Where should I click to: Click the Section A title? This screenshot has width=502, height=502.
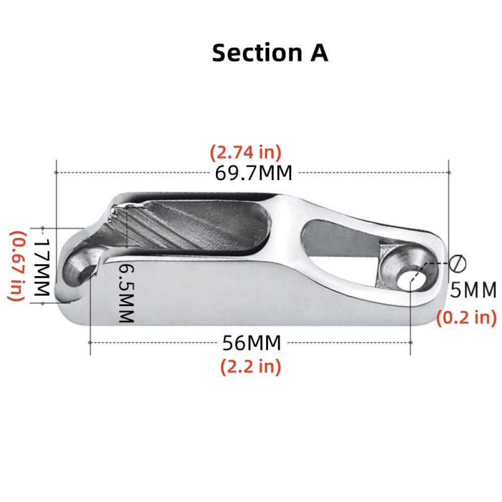[x=270, y=53]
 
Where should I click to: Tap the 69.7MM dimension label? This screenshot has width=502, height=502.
[x=253, y=173]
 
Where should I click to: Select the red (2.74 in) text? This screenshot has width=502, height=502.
[x=245, y=153]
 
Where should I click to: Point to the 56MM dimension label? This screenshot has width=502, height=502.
[x=252, y=343]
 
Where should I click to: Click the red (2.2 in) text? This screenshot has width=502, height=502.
[x=250, y=366]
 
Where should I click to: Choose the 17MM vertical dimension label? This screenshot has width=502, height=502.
[x=42, y=267]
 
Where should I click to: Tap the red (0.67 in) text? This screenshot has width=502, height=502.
[x=17, y=266]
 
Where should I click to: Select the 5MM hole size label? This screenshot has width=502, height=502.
[x=473, y=290]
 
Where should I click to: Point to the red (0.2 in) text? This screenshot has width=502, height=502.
[x=466, y=318]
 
